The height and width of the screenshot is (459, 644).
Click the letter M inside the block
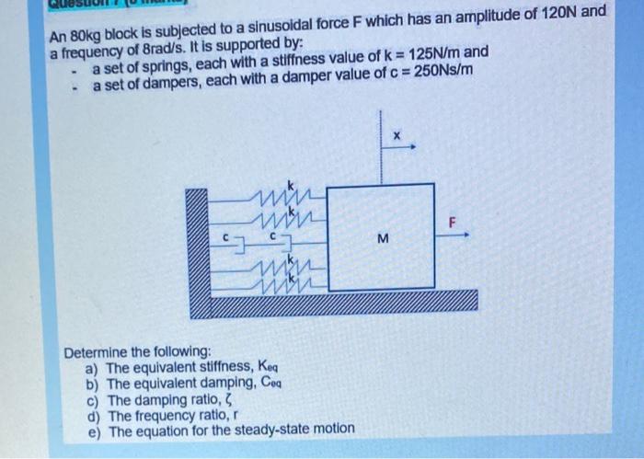tap(383, 240)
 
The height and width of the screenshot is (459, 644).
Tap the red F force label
tap(452, 221)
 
